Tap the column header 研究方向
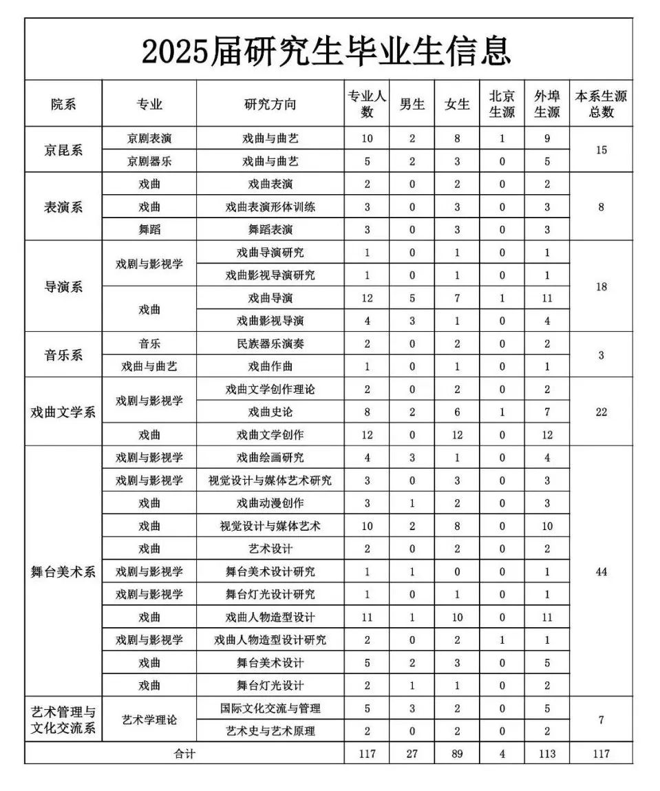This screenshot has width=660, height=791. coord(270,104)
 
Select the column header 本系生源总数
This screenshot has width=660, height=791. coord(601,104)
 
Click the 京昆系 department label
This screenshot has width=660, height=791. coord(63,149)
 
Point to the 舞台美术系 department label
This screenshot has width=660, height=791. coord(63,571)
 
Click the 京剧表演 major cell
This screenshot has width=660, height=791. coord(149,138)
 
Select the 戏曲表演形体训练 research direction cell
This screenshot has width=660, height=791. coord(270,207)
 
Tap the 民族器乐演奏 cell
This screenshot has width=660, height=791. coord(270,344)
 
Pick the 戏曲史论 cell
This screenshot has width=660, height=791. coord(270,412)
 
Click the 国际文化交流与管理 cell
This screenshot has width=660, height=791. coord(270,708)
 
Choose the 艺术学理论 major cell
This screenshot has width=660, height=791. coord(149,719)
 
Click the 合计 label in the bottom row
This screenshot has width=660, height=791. coord(184,753)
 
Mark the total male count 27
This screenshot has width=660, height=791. coord(412,753)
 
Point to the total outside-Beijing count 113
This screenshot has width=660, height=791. coord(547,753)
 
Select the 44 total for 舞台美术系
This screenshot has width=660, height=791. coord(601,571)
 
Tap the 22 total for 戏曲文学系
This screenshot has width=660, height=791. coord(601,412)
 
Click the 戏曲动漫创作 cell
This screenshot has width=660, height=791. coord(270,503)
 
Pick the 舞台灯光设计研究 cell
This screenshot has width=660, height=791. coord(270,594)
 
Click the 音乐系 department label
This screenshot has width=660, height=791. coord(63,355)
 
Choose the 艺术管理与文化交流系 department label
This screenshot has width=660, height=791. coord(63,719)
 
